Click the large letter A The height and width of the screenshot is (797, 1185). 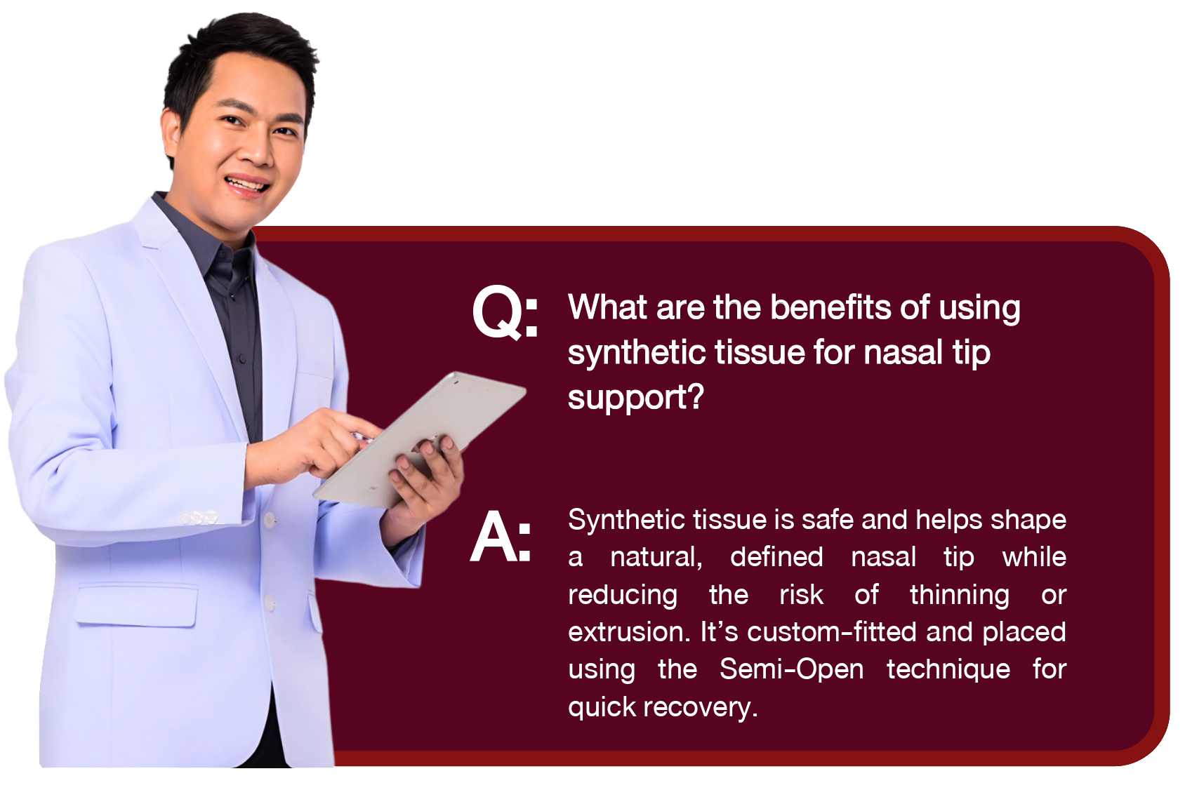point(494,536)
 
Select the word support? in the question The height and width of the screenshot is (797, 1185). point(636,398)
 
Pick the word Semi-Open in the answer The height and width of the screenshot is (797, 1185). point(791,670)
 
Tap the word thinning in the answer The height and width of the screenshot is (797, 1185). point(959,595)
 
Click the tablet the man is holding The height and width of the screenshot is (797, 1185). point(418,439)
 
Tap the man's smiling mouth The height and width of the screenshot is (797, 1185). point(247,185)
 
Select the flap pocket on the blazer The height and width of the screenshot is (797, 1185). point(136,605)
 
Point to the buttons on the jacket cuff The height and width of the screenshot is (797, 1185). point(199,516)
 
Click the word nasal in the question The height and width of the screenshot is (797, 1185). point(903,353)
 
